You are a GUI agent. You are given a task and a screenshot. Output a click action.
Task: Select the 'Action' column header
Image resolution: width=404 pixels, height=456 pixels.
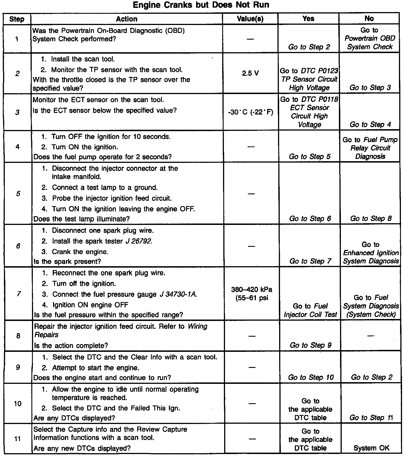(127, 19)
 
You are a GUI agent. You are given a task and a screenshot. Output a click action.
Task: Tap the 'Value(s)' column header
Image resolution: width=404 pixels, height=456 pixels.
(250, 19)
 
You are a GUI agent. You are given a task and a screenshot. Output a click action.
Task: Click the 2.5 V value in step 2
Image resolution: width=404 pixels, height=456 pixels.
(250, 73)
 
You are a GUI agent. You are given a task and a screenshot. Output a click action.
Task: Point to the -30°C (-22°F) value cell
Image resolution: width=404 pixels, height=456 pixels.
(251, 112)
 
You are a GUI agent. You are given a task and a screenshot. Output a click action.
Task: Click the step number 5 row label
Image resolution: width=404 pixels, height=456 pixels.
(18, 193)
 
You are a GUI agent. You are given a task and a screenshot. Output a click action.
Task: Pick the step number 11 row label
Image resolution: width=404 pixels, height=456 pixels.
(17, 438)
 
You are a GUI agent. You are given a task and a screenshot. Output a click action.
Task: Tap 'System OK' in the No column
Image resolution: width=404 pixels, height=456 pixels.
(371, 448)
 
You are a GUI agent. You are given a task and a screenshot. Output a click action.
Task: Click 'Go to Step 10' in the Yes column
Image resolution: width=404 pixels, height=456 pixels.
(311, 377)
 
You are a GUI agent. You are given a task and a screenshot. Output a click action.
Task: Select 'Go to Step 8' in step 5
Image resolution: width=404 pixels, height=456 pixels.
(371, 218)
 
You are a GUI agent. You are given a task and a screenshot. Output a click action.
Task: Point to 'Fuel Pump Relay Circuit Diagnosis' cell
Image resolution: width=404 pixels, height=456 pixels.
(370, 148)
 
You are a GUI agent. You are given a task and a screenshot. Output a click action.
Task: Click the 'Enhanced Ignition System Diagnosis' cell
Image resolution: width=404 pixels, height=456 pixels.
(371, 253)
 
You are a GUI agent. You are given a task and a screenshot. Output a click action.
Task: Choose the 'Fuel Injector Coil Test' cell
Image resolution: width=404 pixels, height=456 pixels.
(310, 310)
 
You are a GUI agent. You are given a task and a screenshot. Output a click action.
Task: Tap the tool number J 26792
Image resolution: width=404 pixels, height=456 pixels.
(139, 241)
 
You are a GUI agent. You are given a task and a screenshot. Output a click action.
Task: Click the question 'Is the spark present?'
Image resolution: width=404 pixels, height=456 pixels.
(67, 261)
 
